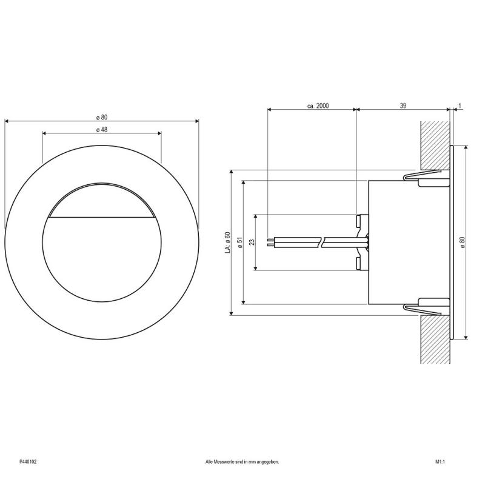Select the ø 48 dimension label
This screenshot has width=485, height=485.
pos(101,130)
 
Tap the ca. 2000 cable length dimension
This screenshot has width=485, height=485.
pos(318,105)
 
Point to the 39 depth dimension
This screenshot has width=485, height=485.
pos(403,105)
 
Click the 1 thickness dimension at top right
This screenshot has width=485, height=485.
pos(460,105)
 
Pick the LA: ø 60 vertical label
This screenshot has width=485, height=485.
pos(227,242)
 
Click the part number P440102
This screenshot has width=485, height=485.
pos(27,462)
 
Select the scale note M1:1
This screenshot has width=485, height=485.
pos(440,462)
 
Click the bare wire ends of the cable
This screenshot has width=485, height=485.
pos(271,242)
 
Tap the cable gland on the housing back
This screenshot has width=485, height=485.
pos(362,242)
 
